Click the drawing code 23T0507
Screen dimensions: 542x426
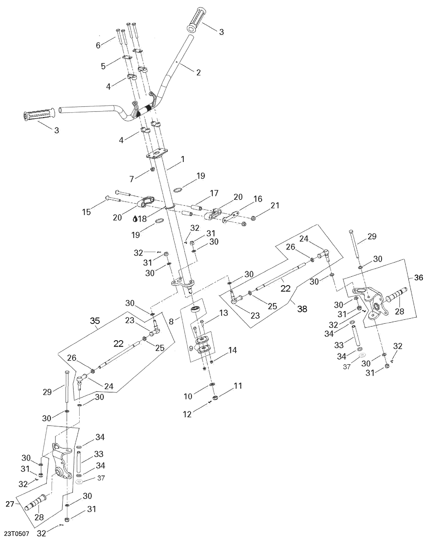pos(16,533)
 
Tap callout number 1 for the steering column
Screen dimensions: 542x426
pos(183,159)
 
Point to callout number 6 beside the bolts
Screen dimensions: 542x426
pos(98,45)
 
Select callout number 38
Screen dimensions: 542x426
pos(302,309)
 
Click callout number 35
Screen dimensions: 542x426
pos(95,321)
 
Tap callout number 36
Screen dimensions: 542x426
pos(418,277)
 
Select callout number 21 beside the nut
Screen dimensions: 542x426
pos(275,205)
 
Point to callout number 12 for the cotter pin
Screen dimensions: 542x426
pos(187,414)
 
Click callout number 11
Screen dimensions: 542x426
pos(238,386)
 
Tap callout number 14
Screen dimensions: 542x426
pos(232,350)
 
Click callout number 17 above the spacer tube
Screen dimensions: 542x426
pos(214,193)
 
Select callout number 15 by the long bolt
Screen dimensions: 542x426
pos(86,212)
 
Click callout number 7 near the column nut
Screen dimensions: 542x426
pos(131,179)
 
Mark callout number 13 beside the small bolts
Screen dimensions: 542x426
pos(224,313)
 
